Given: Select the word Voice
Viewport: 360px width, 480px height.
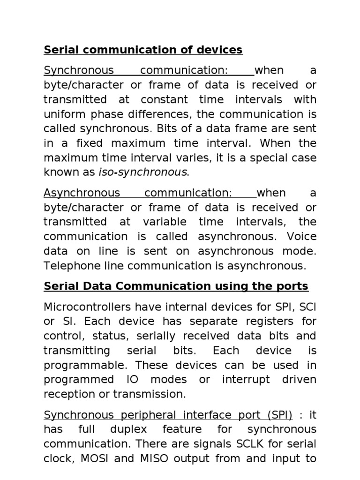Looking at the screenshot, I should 300,237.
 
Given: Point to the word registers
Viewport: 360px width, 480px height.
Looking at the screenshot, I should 258,322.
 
